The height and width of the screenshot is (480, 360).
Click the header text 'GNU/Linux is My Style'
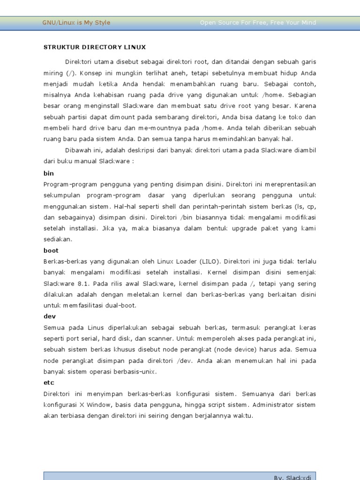(76, 22)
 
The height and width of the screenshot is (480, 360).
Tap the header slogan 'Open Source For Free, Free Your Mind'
(258, 22)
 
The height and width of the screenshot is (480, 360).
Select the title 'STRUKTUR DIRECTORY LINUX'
(95, 47)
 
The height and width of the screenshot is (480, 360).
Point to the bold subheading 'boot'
(51, 250)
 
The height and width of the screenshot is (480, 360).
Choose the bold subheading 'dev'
(50, 316)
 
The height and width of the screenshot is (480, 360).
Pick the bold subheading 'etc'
(49, 382)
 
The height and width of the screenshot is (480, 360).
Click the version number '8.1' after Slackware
(82, 284)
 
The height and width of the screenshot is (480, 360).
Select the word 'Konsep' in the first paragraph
(90, 73)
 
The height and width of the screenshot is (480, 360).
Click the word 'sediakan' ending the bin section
(57, 239)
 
